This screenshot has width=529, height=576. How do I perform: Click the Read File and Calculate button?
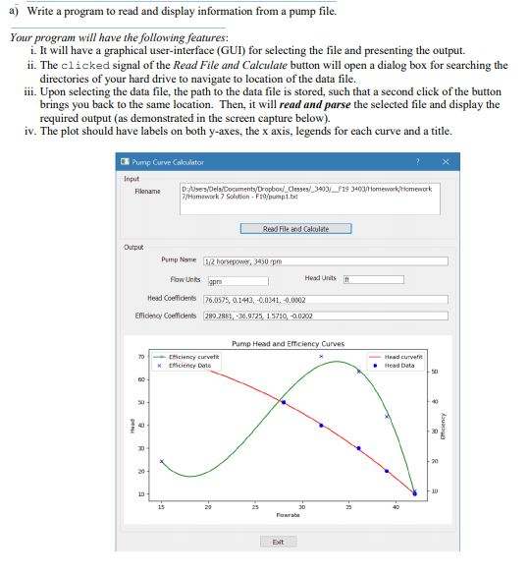click(x=295, y=229)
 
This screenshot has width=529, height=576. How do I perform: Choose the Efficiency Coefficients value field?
click(x=324, y=316)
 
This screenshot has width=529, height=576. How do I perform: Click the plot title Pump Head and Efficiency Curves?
click(x=288, y=344)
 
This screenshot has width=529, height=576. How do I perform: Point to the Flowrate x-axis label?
click(x=288, y=514)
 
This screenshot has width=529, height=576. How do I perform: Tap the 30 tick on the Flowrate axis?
click(x=301, y=507)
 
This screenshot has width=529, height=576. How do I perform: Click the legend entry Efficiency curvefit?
click(x=194, y=357)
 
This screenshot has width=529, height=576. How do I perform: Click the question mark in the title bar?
click(x=417, y=162)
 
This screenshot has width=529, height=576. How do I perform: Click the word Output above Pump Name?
click(x=133, y=247)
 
